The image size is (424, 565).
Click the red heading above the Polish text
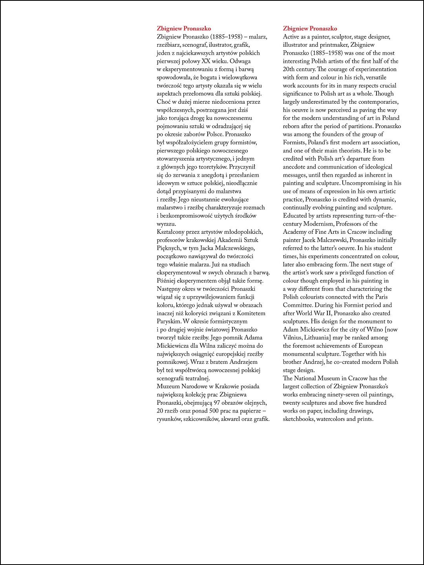(x=184, y=29)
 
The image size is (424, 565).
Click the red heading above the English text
(x=310, y=29)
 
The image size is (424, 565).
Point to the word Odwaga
(x=240, y=61)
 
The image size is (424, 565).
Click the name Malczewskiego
(x=234, y=248)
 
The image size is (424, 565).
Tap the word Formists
(x=294, y=143)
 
